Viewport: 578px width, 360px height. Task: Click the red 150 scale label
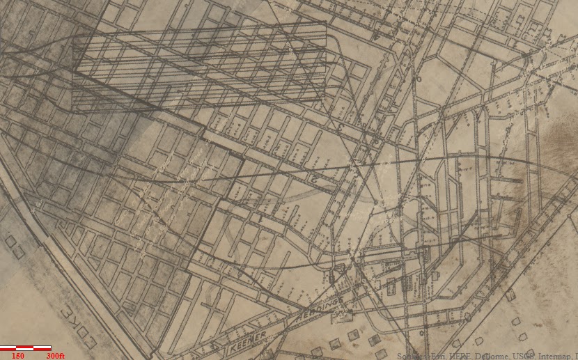(x=18, y=356)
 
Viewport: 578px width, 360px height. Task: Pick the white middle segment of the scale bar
(x=26, y=347)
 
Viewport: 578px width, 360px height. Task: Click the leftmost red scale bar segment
(x=8, y=347)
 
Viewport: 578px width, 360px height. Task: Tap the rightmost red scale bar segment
(x=42, y=347)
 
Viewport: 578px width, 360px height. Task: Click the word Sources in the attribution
(x=412, y=356)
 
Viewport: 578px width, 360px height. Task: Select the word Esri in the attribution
(x=437, y=356)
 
